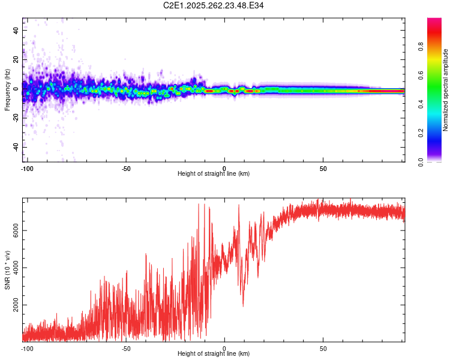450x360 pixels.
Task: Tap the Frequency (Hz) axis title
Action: click(7, 89)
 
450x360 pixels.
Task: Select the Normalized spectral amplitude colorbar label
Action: click(446, 90)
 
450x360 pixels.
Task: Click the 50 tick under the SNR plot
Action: click(323, 348)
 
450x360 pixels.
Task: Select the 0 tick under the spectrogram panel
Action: click(224, 168)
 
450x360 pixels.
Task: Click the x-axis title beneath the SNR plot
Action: click(214, 354)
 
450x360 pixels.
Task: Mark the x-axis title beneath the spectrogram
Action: click(214, 174)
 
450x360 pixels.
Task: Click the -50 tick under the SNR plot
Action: click(126, 348)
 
